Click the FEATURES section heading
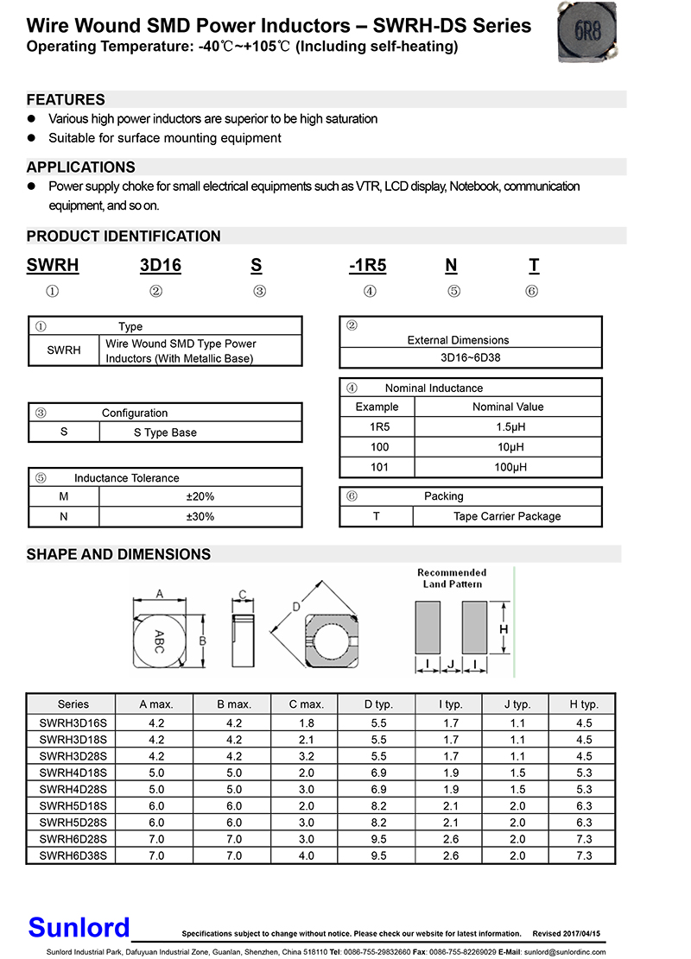(x=66, y=99)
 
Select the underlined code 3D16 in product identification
(x=161, y=266)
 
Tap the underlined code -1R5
(x=368, y=266)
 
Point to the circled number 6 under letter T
(x=532, y=292)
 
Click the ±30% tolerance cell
(x=200, y=516)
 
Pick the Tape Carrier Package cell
(x=507, y=516)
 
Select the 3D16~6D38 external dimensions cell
(x=470, y=356)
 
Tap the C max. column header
(x=307, y=704)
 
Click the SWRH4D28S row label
(x=73, y=789)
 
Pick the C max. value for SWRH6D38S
(x=307, y=855)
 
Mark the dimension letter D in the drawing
(x=296, y=608)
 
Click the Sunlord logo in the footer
(x=79, y=927)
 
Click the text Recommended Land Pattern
(x=452, y=578)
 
